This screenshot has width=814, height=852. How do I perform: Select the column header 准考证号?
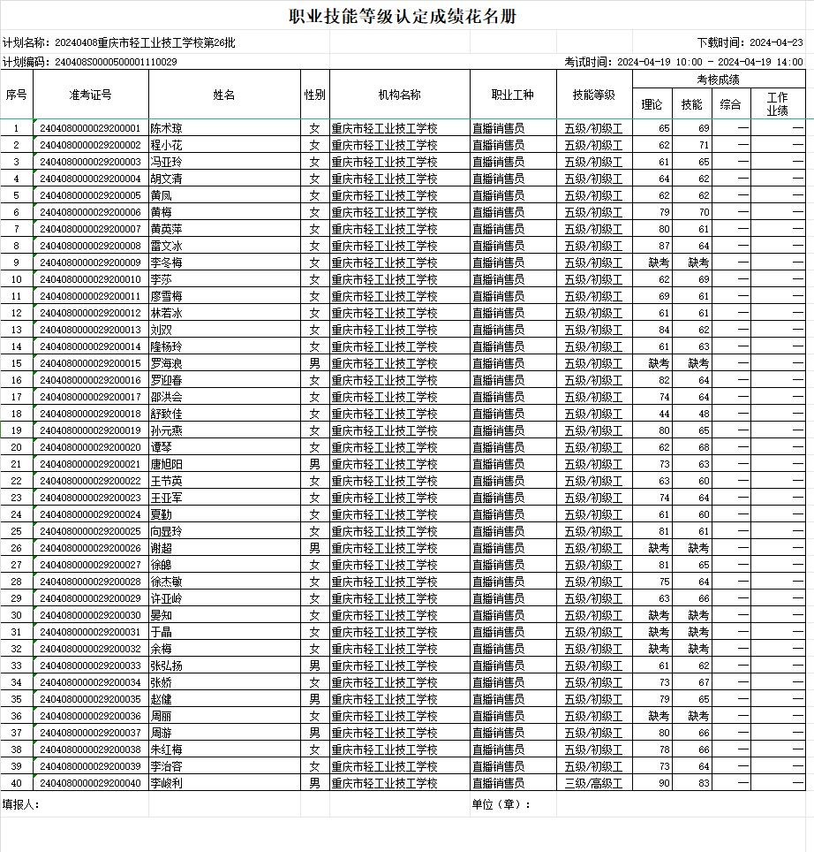tap(91, 95)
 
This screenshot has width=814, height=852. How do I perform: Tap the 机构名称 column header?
tap(399, 95)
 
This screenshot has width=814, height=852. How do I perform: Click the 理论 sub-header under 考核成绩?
tap(652, 104)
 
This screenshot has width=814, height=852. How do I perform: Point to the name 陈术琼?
tap(167, 128)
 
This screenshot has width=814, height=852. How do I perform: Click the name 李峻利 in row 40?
tap(167, 783)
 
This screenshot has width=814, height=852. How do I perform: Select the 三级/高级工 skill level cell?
tap(593, 783)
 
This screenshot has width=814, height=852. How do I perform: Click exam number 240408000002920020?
tap(91, 447)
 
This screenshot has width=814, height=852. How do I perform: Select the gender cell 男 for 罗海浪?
tap(314, 363)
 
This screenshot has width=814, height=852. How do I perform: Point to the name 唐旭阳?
tap(167, 464)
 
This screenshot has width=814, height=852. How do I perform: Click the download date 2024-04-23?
tap(776, 42)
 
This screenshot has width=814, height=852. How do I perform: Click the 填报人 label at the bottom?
tap(21, 804)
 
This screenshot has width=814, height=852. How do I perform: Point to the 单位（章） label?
tap(501, 804)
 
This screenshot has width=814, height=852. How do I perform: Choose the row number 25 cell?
tap(17, 531)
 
